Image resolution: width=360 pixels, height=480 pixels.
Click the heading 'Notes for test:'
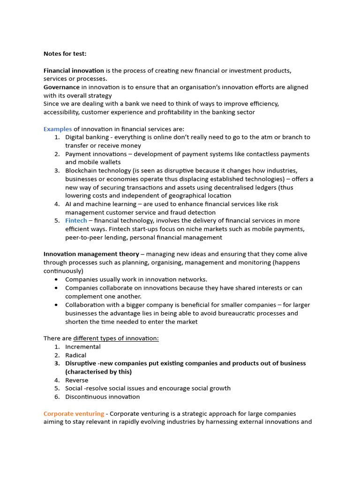pyautogui.click(x=65, y=54)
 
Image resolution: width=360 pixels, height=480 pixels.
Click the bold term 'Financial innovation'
pyautogui.click(x=74, y=70)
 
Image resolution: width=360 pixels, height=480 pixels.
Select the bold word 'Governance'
pyautogui.click(x=61, y=87)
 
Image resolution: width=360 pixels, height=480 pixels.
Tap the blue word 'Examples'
pyautogui.click(x=58, y=129)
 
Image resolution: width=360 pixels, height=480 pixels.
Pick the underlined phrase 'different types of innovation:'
pyautogui.click(x=116, y=338)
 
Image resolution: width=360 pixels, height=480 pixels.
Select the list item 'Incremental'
pyautogui.click(x=82, y=347)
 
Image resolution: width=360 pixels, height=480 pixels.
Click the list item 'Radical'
pyautogui.click(x=75, y=355)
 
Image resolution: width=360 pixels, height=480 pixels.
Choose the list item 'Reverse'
pyautogui.click(x=76, y=380)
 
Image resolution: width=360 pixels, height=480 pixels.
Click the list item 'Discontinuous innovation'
pyautogui.click(x=102, y=397)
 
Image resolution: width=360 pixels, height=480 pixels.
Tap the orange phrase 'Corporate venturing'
pyautogui.click(x=74, y=413)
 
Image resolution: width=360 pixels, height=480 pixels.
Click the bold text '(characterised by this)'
pyautogui.click(x=98, y=372)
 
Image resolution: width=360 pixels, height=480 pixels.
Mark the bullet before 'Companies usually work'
pyautogui.click(x=57, y=279)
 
